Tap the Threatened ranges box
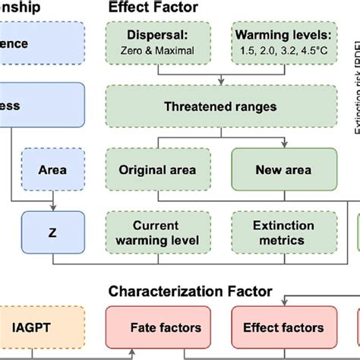(x=220, y=106)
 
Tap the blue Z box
(x=51, y=233)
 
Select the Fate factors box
(x=165, y=328)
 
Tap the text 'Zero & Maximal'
(x=162, y=51)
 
